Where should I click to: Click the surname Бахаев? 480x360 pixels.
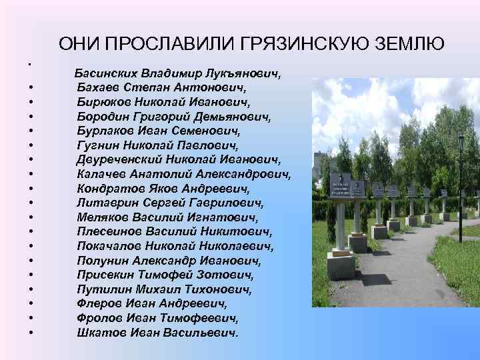97,87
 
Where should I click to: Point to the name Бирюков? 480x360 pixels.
101,101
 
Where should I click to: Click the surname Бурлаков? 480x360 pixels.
104,131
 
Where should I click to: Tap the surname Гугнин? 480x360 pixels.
97,145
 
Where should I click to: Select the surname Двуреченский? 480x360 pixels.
120,160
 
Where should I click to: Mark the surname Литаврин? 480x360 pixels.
104,203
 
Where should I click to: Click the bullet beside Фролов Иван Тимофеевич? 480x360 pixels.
31,319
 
